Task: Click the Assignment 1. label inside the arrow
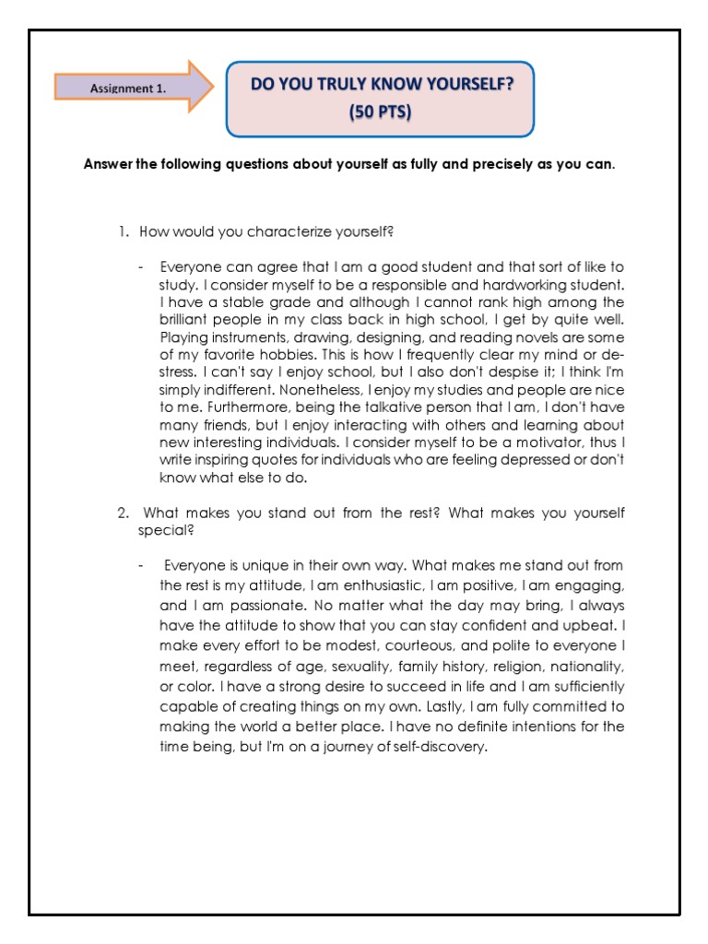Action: point(128,88)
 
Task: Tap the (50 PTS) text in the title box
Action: point(381,113)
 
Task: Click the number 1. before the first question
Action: point(124,231)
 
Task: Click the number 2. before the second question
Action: point(124,513)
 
